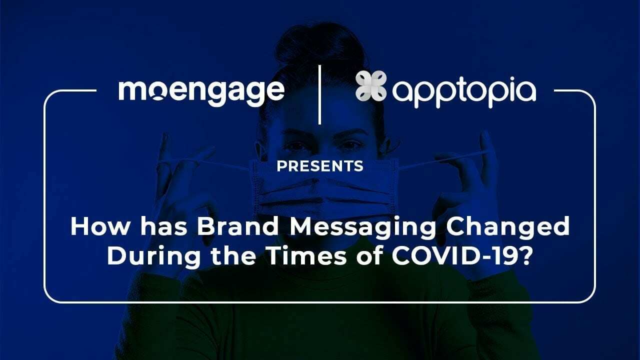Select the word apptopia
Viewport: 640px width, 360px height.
[x=464, y=92]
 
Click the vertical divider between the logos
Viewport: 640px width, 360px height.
[x=319, y=94]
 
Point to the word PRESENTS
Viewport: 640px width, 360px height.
[x=320, y=166]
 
